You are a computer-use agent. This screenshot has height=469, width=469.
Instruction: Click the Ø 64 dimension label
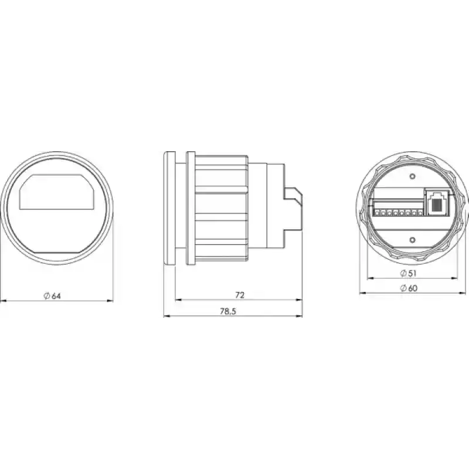tap(52, 296)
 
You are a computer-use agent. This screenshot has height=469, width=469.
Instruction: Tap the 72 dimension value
tap(240, 295)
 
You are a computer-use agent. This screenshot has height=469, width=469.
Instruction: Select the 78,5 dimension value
tap(228, 311)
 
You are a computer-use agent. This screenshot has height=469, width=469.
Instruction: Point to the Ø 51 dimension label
tap(408, 273)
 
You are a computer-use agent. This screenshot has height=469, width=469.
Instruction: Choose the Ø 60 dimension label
tap(409, 288)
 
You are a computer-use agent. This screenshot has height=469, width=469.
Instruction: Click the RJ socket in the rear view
tap(437, 202)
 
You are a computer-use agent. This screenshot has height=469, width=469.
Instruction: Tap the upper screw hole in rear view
tap(413, 176)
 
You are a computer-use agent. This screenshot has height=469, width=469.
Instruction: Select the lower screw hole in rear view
tap(413, 240)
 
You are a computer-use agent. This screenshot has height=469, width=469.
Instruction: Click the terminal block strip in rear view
tap(398, 209)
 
